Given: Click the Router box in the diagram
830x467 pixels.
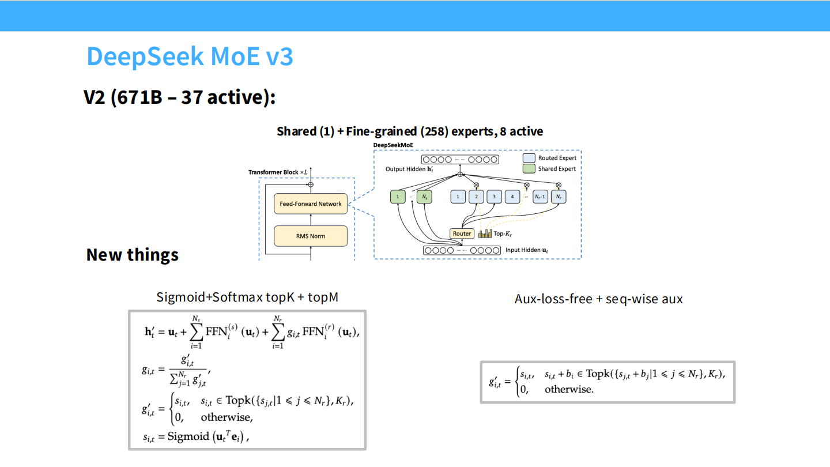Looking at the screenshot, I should click(462, 233).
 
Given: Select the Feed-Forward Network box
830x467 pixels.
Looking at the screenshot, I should click(311, 204).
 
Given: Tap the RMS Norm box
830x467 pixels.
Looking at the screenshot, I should click(311, 236).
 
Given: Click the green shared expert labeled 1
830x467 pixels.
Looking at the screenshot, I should click(397, 197).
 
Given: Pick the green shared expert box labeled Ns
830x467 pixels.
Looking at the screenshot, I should click(424, 197).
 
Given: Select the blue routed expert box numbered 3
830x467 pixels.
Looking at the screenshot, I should click(494, 197).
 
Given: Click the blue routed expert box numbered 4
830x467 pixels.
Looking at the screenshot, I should click(512, 197).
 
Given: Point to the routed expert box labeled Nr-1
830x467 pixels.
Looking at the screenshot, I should click(540, 197).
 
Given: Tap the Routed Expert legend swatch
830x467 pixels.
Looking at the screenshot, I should click(529, 158).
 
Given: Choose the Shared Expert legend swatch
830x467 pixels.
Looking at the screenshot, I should click(529, 169).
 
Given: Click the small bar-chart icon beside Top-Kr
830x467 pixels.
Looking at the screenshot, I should click(484, 233).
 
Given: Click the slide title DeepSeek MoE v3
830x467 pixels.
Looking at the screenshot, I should click(190, 57).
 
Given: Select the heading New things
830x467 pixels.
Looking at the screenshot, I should click(132, 254).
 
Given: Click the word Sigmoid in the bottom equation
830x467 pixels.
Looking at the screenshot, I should click(188, 436).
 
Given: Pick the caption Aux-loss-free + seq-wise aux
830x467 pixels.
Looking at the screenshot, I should click(598, 299).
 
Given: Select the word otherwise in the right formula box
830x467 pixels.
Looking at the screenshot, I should click(568, 389).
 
